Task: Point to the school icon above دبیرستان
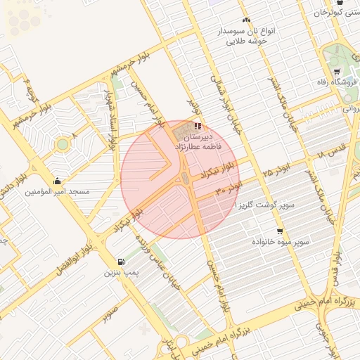point(196,125)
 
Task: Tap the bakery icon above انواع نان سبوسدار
point(246,20)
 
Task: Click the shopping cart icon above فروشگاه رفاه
point(338,72)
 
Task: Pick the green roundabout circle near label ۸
point(63,144)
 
